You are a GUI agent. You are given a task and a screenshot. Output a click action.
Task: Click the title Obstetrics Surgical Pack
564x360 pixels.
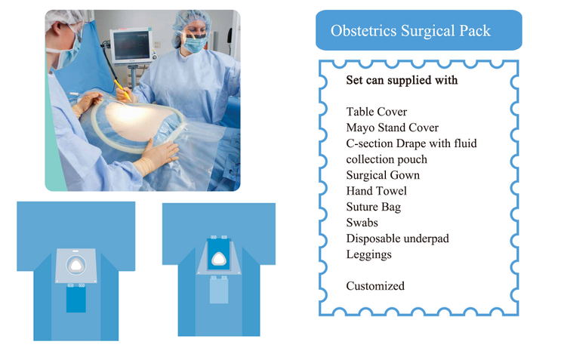click(x=411, y=31)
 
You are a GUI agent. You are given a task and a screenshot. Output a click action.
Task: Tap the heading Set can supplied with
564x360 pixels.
click(x=402, y=80)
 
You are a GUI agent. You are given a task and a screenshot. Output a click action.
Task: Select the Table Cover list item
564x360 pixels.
click(x=377, y=112)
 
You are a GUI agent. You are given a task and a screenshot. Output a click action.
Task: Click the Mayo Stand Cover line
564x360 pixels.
click(x=393, y=128)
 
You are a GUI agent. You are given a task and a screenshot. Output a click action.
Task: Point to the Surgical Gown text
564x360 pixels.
click(x=383, y=175)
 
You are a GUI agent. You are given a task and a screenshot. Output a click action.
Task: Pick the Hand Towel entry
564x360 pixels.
click(x=377, y=191)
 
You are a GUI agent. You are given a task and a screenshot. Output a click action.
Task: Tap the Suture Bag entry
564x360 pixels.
click(x=374, y=207)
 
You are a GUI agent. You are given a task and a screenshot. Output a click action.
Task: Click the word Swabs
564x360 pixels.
click(x=362, y=223)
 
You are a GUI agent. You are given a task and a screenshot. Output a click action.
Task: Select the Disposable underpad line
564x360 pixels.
click(x=398, y=238)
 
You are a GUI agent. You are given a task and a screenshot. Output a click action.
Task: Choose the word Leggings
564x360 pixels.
click(x=369, y=254)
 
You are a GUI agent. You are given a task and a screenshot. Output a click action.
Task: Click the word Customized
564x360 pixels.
click(x=375, y=286)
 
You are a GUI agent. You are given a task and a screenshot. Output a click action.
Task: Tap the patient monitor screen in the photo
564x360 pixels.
click(x=131, y=46)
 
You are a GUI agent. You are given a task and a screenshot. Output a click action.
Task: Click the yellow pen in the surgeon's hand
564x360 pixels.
click(x=122, y=90)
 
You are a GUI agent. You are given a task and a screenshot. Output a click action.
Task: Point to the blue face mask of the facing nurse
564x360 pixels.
click(x=195, y=45)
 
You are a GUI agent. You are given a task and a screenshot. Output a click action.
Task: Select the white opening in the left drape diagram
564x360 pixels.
click(x=76, y=266)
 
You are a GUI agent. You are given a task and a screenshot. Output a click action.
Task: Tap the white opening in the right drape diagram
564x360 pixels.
click(x=218, y=259)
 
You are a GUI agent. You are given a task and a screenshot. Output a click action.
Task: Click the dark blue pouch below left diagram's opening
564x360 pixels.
click(x=76, y=299)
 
